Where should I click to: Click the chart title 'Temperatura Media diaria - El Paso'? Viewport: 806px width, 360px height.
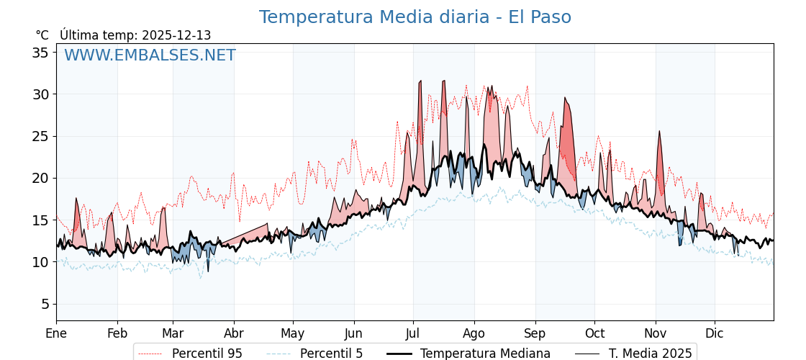[x=415, y=17]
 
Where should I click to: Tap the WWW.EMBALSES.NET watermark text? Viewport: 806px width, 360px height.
[x=150, y=55]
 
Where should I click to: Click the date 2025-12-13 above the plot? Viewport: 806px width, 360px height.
[x=176, y=35]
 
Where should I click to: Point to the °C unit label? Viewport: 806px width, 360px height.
[x=42, y=35]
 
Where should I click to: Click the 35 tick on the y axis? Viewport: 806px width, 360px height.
[x=40, y=53]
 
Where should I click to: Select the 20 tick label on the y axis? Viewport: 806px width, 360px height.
[x=40, y=178]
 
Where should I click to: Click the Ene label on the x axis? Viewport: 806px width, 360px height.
[x=56, y=333]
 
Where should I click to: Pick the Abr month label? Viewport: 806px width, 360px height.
[x=234, y=333]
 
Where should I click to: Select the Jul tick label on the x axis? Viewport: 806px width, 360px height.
[x=413, y=333]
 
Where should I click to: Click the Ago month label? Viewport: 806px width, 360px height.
[x=474, y=333]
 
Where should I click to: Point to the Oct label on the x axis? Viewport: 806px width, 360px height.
[x=594, y=333]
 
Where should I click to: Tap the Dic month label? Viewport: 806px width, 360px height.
[x=715, y=333]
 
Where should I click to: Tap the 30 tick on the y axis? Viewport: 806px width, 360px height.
[x=40, y=94]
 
